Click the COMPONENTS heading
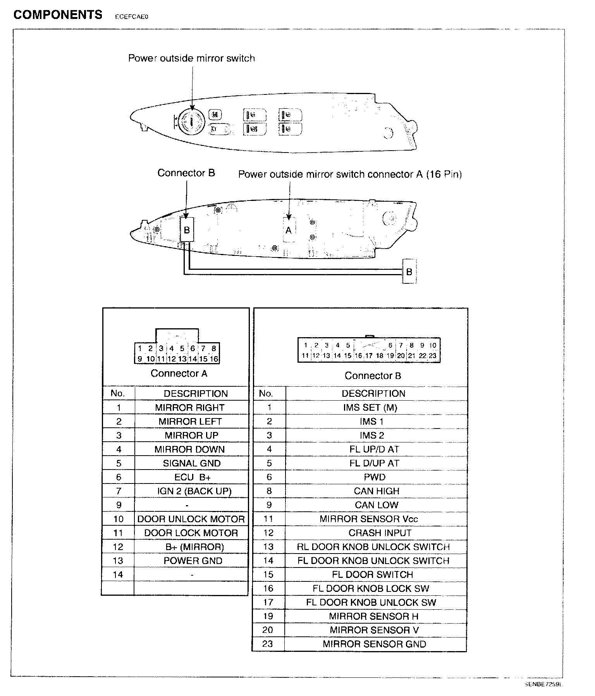coord(58,15)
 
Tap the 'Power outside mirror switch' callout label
coord(191,58)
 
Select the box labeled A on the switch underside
coord(289,230)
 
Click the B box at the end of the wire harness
coord(409,271)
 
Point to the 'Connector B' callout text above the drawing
coord(186,173)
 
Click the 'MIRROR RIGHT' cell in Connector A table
coord(190,408)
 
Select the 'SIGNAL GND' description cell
coord(191,463)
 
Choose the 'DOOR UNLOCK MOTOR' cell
coord(191,519)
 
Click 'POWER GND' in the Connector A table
coord(193,561)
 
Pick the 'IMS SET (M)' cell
coord(370,408)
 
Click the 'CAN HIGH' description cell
coord(376,491)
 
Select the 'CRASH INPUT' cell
coord(380,533)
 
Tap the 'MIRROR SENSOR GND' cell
coord(374,645)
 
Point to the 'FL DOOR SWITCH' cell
coord(372,575)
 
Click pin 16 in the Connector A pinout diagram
coord(214,359)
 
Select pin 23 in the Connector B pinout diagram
coord(433,355)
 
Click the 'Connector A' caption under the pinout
coord(179,374)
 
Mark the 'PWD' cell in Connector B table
coord(375,477)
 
